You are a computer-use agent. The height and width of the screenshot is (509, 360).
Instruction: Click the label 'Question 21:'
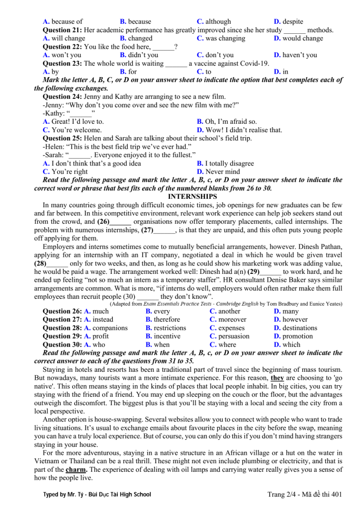click(62, 30)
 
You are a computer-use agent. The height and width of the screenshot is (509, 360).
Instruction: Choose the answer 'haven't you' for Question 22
click(299, 55)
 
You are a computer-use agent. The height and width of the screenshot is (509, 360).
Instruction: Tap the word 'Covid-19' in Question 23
click(254, 64)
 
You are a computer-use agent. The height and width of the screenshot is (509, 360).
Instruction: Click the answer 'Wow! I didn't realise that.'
click(243, 130)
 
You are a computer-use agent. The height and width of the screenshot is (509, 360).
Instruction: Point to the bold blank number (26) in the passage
click(103, 222)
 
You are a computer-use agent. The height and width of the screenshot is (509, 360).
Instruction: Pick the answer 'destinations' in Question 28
click(299, 328)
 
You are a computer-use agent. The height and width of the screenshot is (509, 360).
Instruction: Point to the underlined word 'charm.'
click(76, 470)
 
